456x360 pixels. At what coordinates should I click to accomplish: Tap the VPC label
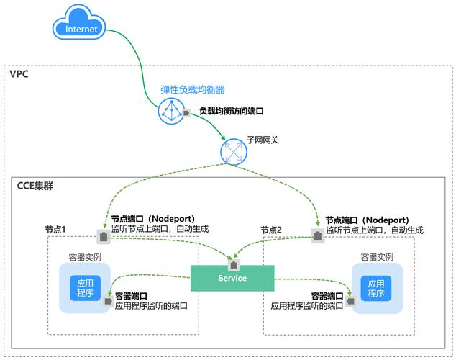tap(19, 74)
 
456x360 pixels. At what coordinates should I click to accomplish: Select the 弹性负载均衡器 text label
tap(192, 90)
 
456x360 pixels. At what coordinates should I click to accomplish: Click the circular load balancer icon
tap(170, 112)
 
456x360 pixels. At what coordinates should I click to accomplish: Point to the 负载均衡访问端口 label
tap(232, 112)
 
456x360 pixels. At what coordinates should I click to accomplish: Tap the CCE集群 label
tap(35, 186)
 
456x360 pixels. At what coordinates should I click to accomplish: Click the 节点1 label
tap(55, 229)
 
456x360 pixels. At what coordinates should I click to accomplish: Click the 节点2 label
tap(271, 229)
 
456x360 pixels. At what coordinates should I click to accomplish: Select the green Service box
tap(232, 278)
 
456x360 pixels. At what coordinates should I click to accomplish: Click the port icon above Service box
tap(232, 256)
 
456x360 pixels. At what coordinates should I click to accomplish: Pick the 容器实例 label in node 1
tap(85, 256)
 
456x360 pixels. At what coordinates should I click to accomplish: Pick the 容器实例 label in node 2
tap(377, 256)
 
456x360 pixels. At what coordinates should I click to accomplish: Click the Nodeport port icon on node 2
tap(317, 235)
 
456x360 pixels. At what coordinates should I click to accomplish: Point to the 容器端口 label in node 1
tap(131, 295)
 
